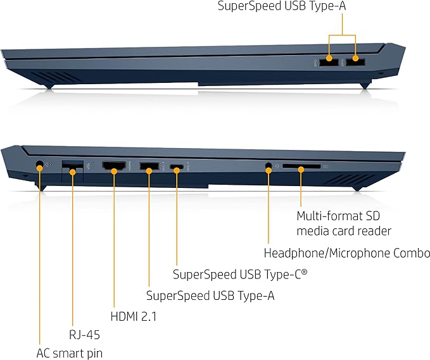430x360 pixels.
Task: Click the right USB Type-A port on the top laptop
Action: [356, 61]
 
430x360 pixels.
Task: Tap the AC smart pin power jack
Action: [39, 166]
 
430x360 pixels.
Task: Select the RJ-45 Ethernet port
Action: [72, 167]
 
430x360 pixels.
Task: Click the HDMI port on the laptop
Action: [114, 168]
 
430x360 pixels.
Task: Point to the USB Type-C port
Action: [179, 168]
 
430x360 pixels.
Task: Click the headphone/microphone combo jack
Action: [269, 167]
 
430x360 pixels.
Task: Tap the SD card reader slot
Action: [301, 168]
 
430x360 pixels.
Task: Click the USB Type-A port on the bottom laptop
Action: [148, 168]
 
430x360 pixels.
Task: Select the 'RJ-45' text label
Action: [84, 334]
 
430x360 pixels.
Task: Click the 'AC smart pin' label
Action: [70, 352]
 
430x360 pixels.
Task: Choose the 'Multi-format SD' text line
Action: [339, 215]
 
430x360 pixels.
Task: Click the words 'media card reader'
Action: [344, 231]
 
